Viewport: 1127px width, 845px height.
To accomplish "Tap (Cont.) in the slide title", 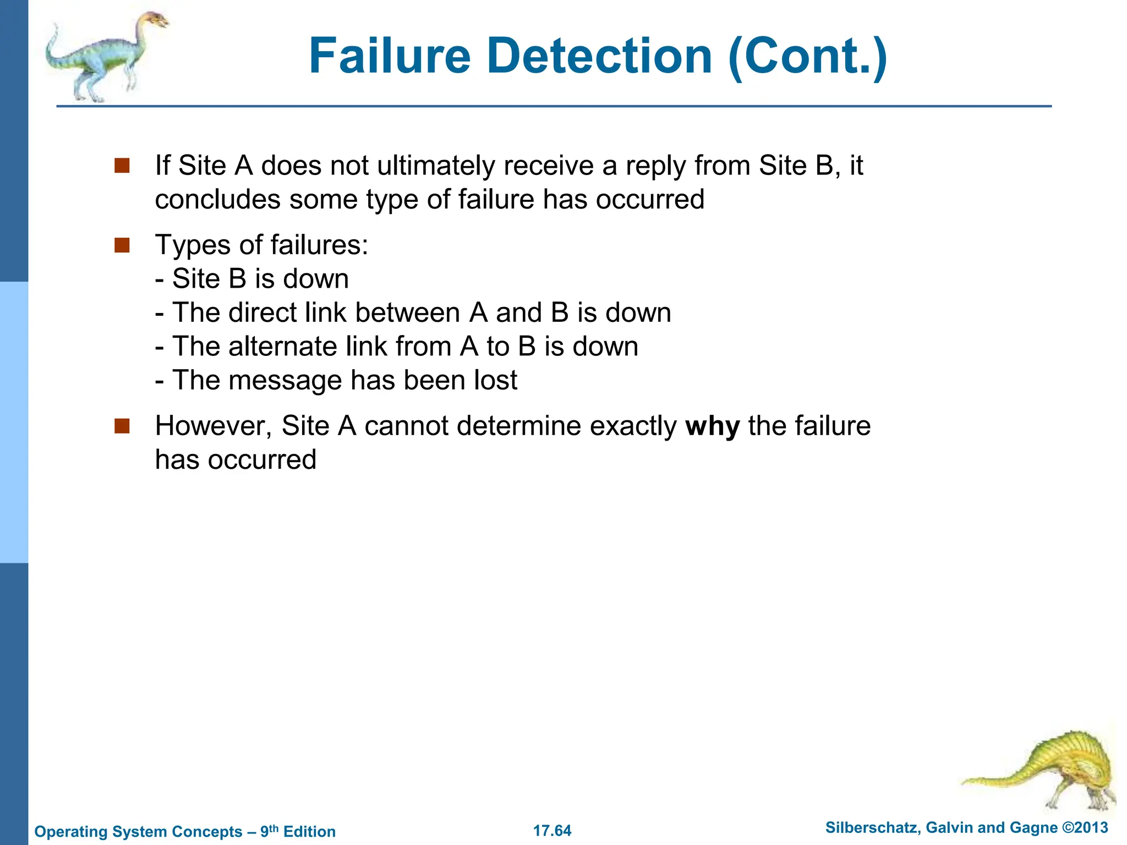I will click(x=807, y=57).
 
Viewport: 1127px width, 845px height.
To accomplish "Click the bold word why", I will click(x=712, y=426).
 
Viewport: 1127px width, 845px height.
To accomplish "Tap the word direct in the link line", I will click(x=262, y=312).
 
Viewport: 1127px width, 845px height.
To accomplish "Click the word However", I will click(x=214, y=426).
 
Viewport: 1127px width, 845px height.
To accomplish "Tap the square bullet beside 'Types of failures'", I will click(x=122, y=245).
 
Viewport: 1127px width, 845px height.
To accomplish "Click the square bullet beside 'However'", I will click(x=122, y=426).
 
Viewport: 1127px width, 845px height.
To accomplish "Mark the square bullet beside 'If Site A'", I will click(x=122, y=166).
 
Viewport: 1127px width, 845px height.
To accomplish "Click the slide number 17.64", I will click(x=552, y=831).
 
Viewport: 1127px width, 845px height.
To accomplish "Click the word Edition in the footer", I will click(x=309, y=832).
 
